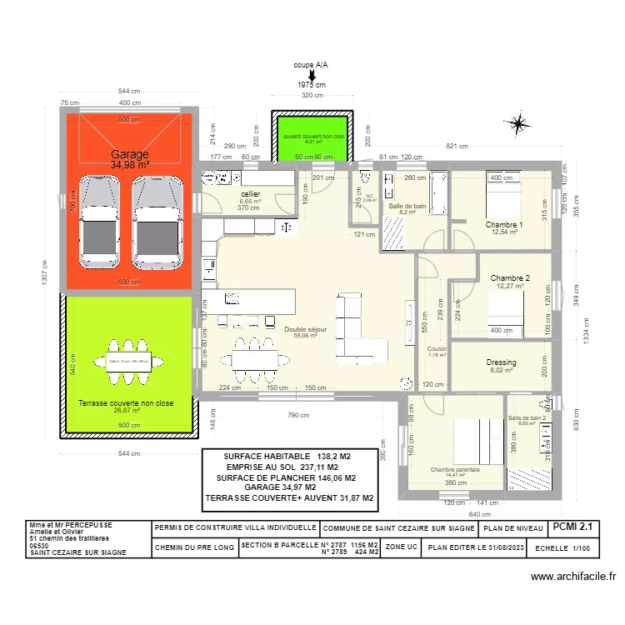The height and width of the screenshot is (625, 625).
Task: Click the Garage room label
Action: (130, 154)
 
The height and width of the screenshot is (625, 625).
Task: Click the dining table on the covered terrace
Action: (128, 362)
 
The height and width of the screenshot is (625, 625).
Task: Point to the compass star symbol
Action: (519, 125)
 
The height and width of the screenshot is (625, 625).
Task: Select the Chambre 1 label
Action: (504, 225)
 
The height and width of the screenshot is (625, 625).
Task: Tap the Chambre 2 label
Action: (510, 277)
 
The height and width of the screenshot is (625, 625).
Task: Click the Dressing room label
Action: (502, 362)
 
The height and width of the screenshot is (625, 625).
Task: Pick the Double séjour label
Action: (305, 330)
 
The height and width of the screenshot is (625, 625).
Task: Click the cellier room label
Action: (250, 193)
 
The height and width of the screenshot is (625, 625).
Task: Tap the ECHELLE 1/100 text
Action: (562, 547)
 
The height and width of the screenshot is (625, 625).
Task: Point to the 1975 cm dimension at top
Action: (311, 85)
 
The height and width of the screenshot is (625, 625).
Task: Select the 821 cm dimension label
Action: (457, 147)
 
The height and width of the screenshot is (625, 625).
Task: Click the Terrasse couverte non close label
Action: (126, 403)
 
